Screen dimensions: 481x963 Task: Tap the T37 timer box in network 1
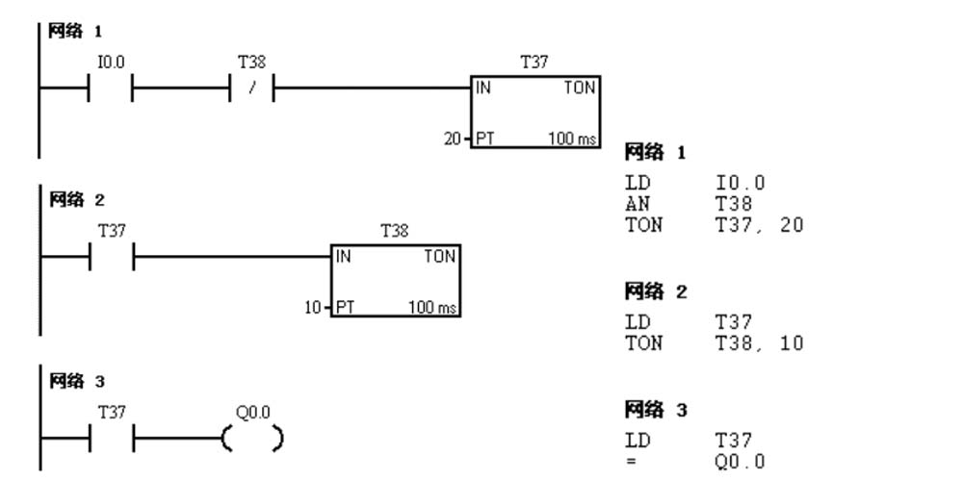[x=534, y=112]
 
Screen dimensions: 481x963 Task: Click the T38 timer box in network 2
[x=395, y=282]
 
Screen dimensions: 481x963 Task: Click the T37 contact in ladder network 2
[x=111, y=259]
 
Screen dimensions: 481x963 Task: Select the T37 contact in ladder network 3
[x=111, y=439]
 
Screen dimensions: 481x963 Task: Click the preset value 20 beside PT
[x=452, y=139]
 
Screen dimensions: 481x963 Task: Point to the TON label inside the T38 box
[x=440, y=258]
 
